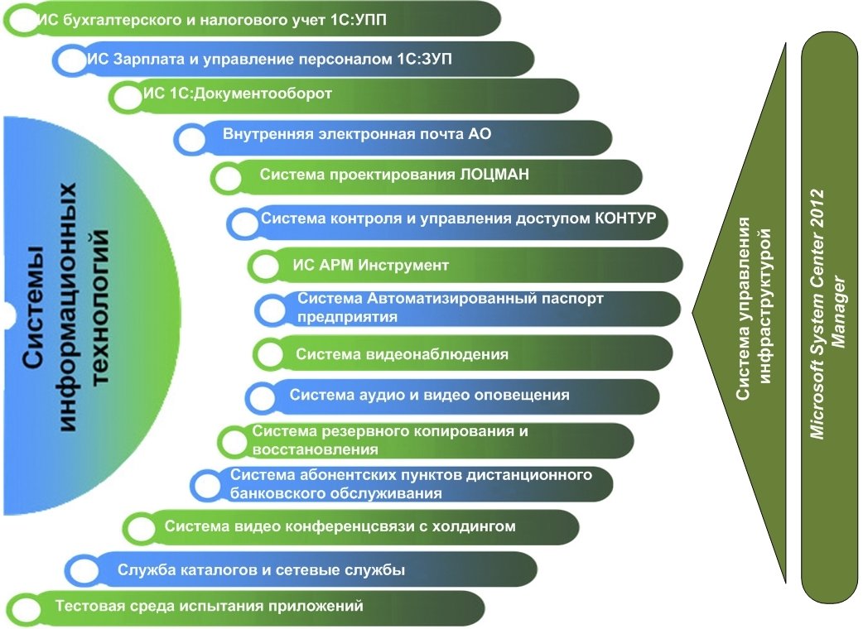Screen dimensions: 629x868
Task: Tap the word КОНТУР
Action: coord(625,218)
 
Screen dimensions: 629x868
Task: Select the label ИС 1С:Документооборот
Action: coord(238,94)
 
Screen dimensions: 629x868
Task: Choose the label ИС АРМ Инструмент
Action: coord(371,265)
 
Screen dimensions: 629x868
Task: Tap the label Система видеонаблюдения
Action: coord(402,354)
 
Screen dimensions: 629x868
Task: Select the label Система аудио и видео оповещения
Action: coord(429,395)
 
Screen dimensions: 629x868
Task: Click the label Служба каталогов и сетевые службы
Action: coord(261,569)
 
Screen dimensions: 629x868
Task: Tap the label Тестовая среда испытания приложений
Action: coord(209,606)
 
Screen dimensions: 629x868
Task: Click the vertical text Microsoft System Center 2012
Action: coord(818,314)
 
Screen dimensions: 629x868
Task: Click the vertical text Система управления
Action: coord(744,309)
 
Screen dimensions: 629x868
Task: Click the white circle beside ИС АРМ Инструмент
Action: coord(266,266)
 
